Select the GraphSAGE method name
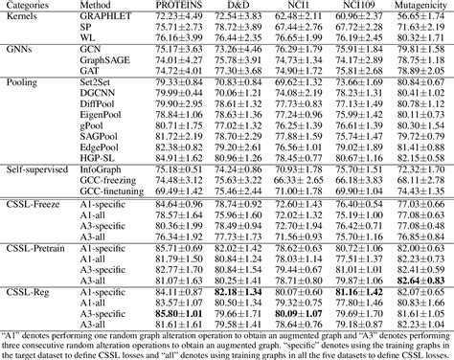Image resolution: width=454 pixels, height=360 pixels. [x=111, y=57]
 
